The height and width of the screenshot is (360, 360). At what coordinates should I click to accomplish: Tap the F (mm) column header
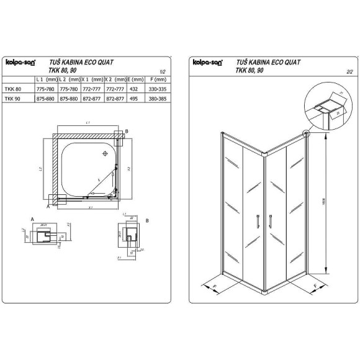(x=156, y=80)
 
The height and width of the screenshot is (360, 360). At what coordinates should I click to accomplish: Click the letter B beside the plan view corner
(x=127, y=132)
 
